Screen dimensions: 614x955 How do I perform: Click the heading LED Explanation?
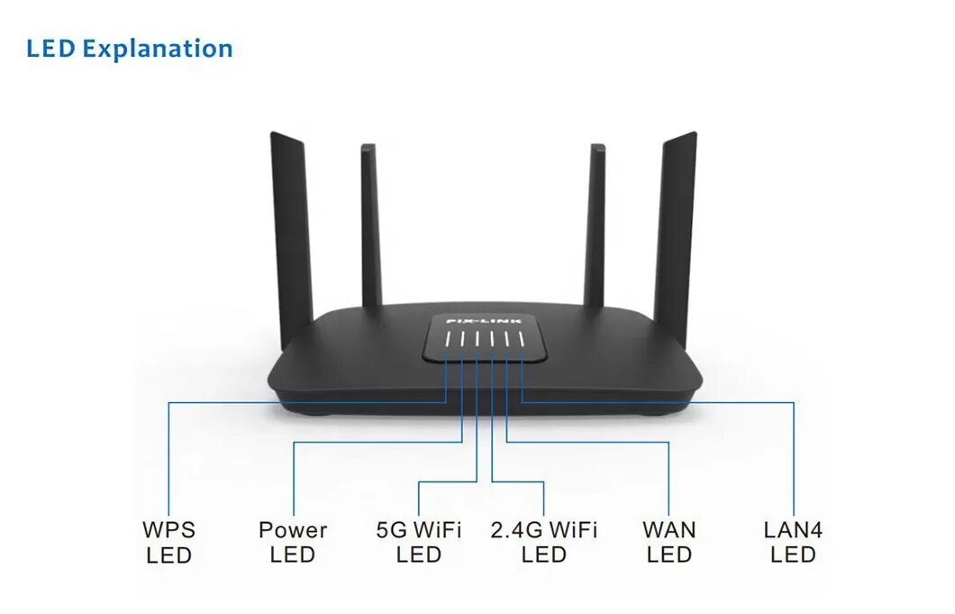pos(130,49)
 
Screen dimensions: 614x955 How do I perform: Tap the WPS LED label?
pos(168,542)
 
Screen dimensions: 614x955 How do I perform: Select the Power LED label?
pos(293,542)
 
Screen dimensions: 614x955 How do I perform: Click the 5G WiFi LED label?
pos(419,542)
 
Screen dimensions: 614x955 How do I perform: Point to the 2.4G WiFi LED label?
pos(544,542)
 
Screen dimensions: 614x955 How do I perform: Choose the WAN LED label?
pos(669,542)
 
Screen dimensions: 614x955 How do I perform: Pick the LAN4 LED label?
pos(793,542)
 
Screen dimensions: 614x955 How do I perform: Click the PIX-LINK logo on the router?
pos(485,320)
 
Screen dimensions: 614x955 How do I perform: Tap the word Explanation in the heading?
pos(158,49)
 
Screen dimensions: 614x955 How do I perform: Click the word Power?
pos(293,530)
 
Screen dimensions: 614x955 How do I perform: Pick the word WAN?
pos(669,530)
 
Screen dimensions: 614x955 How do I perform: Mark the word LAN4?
pos(793,530)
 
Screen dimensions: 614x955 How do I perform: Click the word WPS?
pos(168,530)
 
